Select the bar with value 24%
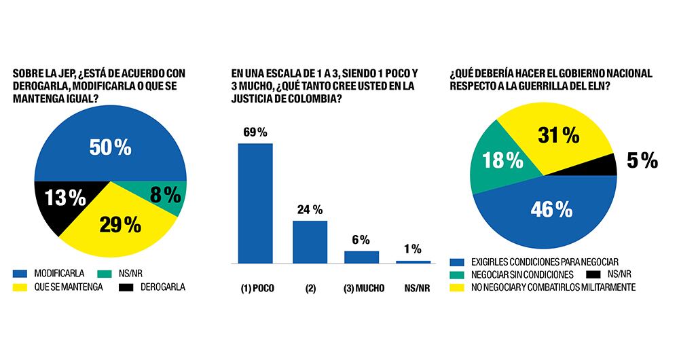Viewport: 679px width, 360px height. pos(310,241)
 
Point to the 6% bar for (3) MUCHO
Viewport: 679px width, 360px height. pos(361,257)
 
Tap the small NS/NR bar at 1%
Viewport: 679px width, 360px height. pos(413,262)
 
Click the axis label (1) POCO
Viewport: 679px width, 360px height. pos(255,288)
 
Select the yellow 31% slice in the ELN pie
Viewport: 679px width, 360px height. pos(550,139)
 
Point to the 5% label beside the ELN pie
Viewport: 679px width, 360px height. pos(641,160)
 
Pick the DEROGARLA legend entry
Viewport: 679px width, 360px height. pos(158,287)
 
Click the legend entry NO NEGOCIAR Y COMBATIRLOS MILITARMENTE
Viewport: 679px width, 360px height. pos(553,287)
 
